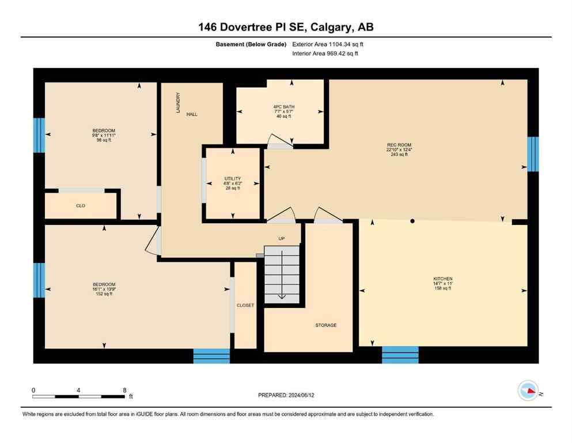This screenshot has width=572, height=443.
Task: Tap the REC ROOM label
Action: click(399, 145)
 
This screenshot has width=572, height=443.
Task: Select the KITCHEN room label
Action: click(443, 279)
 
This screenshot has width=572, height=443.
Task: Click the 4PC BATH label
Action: click(281, 107)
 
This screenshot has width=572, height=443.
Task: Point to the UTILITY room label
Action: click(232, 179)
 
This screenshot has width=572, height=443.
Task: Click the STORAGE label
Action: click(325, 325)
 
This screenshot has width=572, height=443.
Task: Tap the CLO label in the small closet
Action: click(81, 205)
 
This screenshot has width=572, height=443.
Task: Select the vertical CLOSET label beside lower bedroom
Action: click(245, 305)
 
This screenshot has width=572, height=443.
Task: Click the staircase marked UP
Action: click(282, 271)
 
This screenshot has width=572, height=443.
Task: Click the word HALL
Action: click(192, 114)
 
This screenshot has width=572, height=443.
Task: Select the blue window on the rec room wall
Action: click(533, 154)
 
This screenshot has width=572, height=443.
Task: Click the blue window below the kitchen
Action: click(400, 354)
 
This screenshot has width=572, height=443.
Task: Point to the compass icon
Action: click(528, 391)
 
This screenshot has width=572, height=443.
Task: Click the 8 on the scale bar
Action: click(124, 389)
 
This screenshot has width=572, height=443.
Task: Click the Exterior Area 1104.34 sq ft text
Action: click(328, 44)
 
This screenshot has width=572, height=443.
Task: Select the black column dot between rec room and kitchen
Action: click(412, 221)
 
